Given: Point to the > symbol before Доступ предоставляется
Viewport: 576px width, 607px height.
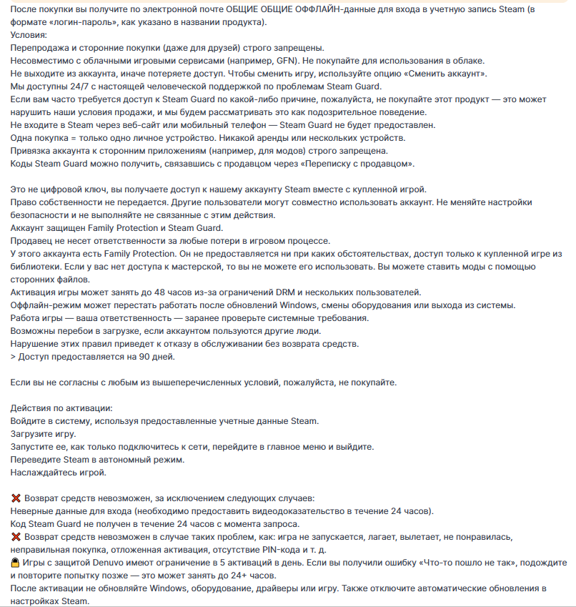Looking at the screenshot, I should coord(14,357).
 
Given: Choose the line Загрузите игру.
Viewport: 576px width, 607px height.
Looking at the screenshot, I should coord(43,433).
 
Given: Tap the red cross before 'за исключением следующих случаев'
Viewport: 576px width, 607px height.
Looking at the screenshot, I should coord(16,498).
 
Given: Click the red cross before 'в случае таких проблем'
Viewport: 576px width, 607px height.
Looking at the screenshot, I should coord(16,536).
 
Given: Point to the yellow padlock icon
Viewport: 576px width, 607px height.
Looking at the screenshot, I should coord(16,563).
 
